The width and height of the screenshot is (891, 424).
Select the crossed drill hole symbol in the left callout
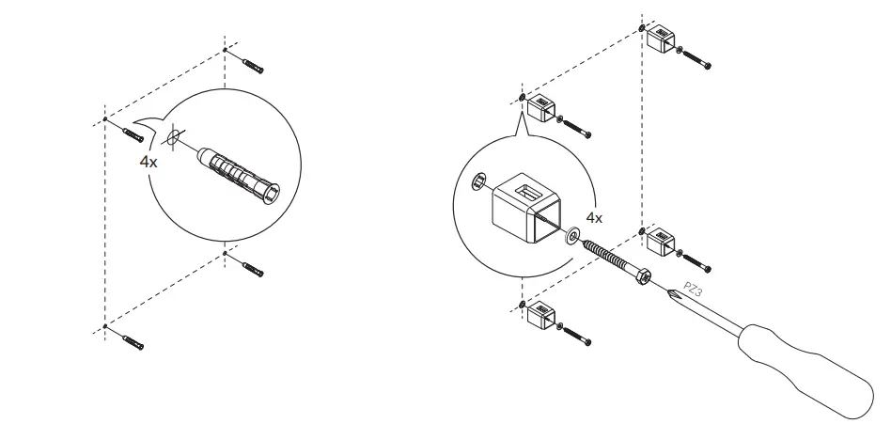coord(171,139)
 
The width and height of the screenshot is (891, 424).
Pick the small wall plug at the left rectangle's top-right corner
coord(251,65)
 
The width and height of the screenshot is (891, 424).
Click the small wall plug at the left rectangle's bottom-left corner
coord(132,339)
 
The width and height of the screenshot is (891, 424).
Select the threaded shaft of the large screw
coord(612,257)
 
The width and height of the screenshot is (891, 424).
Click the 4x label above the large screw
coord(594,217)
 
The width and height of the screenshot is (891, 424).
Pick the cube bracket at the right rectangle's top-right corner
coord(664,40)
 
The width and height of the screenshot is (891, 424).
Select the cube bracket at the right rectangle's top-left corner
coord(542,109)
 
